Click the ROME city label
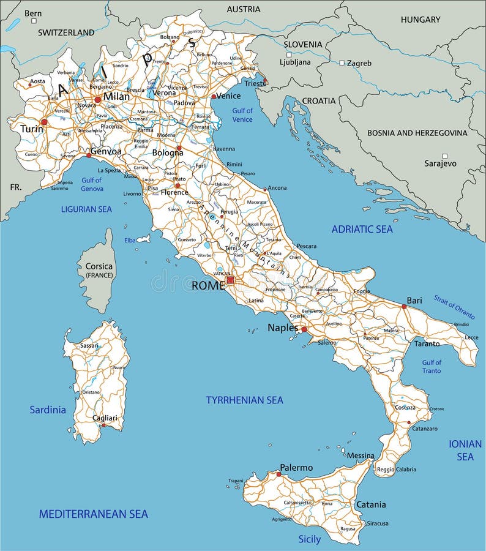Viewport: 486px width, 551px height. (208, 285)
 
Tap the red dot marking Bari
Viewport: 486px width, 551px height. (403, 307)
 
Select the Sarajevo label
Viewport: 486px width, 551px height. (440, 163)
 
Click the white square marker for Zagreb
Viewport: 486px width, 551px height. (342, 62)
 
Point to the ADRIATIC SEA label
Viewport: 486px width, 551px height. (362, 230)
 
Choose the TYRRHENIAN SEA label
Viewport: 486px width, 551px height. (244, 400)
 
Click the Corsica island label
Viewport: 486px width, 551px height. (99, 266)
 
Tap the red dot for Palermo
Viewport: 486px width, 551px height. (279, 474)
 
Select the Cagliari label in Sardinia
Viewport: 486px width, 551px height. (104, 418)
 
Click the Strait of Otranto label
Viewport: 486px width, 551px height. (454, 310)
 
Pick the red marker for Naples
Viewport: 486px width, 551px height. (304, 329)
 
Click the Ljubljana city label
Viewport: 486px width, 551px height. (295, 62)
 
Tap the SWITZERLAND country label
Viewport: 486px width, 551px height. (66, 32)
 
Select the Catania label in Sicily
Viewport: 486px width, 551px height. (371, 504)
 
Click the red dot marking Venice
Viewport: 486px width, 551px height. (214, 96)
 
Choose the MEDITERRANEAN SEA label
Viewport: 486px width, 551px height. (94, 514)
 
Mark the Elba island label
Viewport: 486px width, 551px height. (130, 241)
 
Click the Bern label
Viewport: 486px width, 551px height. (33, 13)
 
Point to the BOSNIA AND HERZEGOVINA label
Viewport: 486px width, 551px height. (417, 133)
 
